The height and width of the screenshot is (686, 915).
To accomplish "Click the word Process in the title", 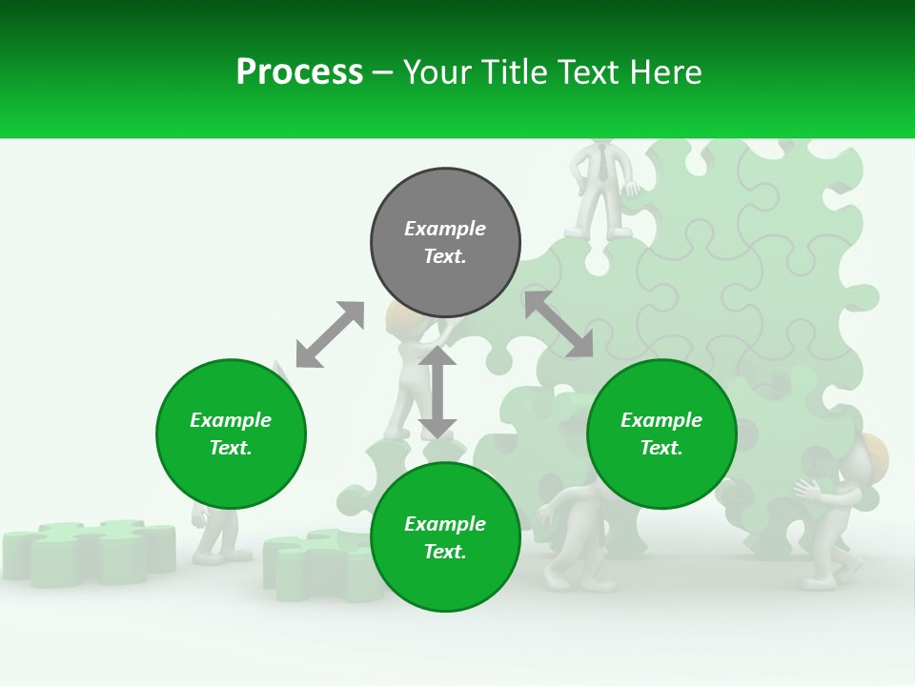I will tap(299, 72).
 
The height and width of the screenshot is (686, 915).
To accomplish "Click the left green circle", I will tap(231, 434).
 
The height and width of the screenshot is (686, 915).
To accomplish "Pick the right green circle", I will tap(661, 434).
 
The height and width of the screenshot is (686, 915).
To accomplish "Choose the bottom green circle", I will tap(445, 537).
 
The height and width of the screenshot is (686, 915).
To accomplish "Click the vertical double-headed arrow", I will tap(437, 392).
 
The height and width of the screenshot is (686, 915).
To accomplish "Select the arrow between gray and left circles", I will tap(330, 334).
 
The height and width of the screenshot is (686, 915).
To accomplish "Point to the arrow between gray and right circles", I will tap(559, 325).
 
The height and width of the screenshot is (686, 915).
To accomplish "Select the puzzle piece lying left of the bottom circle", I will tap(315, 562).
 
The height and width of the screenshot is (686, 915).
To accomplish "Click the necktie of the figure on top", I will tap(603, 166).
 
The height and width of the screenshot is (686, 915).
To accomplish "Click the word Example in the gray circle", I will tap(445, 229).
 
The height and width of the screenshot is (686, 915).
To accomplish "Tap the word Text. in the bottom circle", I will tap(445, 552).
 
